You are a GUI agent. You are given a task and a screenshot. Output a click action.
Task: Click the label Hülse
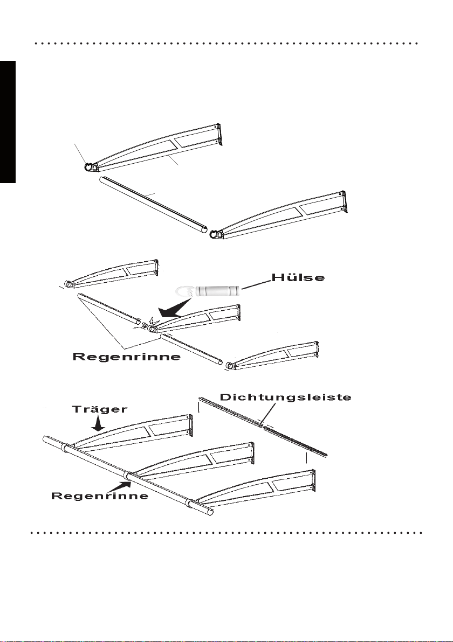298,277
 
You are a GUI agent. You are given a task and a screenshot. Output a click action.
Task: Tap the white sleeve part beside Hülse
217,291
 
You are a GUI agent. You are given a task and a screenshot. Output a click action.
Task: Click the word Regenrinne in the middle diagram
127,357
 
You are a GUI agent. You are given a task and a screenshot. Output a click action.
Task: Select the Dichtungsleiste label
286,397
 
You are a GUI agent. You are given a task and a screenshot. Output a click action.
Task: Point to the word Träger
100,409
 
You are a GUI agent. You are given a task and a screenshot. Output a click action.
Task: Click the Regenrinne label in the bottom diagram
100,496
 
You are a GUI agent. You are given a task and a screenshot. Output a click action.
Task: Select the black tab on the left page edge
8,122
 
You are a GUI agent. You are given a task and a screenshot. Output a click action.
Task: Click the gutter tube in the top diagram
154,205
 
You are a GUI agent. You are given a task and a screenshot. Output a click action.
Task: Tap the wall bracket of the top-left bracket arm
219,134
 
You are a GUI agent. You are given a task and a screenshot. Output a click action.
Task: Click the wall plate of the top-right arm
344,202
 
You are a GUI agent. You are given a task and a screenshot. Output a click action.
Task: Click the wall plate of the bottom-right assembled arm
314,481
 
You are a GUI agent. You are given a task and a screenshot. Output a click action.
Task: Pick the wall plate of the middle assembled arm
252,453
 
